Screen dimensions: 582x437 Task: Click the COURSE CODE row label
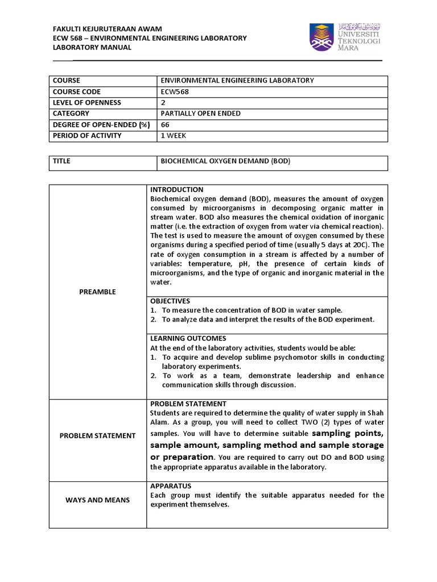click(x=76, y=92)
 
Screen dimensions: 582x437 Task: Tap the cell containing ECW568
click(x=175, y=92)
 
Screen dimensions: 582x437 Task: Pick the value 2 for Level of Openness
click(x=164, y=102)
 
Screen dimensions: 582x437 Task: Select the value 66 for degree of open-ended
click(x=166, y=124)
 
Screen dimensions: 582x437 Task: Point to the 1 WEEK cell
click(x=174, y=135)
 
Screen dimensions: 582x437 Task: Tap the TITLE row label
click(x=61, y=161)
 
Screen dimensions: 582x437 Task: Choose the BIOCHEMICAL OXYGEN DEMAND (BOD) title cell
click(x=225, y=161)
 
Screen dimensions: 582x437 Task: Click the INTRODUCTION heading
click(x=176, y=189)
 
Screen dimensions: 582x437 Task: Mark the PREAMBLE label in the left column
click(x=97, y=292)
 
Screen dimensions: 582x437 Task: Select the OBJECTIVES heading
click(x=170, y=301)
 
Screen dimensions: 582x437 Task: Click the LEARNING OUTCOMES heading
click(x=188, y=338)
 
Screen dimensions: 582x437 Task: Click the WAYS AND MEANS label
click(x=97, y=500)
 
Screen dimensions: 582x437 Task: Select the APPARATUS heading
click(x=171, y=486)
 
